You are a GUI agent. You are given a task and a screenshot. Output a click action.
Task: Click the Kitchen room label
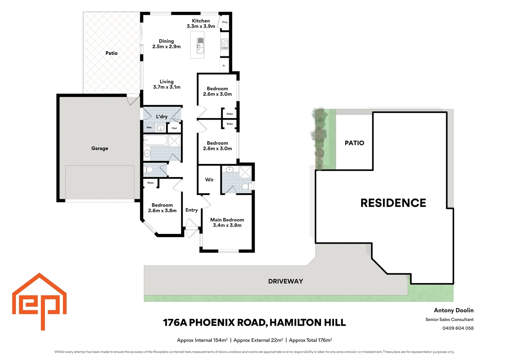[201, 21]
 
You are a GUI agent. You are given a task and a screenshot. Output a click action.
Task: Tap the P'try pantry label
[225, 22]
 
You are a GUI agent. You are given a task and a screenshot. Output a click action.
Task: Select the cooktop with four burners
[225, 44]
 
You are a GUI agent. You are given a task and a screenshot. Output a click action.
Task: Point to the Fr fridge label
[224, 66]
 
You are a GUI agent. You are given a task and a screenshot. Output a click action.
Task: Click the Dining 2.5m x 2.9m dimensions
[166, 47]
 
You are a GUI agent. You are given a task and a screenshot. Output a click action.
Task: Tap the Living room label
[167, 82]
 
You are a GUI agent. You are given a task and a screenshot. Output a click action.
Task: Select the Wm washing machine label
[149, 128]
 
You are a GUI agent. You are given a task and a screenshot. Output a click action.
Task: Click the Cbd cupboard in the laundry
[174, 128]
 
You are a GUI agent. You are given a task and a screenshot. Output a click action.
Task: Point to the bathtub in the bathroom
[156, 140]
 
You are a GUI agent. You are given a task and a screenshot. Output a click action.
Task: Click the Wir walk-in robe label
[209, 180]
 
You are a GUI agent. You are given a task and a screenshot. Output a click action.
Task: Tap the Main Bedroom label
[227, 220]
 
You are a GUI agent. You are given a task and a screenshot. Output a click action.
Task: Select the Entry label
[192, 210]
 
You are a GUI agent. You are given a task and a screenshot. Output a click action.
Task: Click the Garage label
[100, 148]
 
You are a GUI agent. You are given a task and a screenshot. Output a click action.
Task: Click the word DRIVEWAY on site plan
[285, 281]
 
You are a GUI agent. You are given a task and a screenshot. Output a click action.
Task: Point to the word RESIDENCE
[393, 203]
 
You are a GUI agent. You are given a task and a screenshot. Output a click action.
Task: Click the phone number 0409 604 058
[458, 328]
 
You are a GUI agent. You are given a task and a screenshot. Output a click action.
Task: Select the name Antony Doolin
[453, 310]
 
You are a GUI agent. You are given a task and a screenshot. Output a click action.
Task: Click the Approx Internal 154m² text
[202, 340]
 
